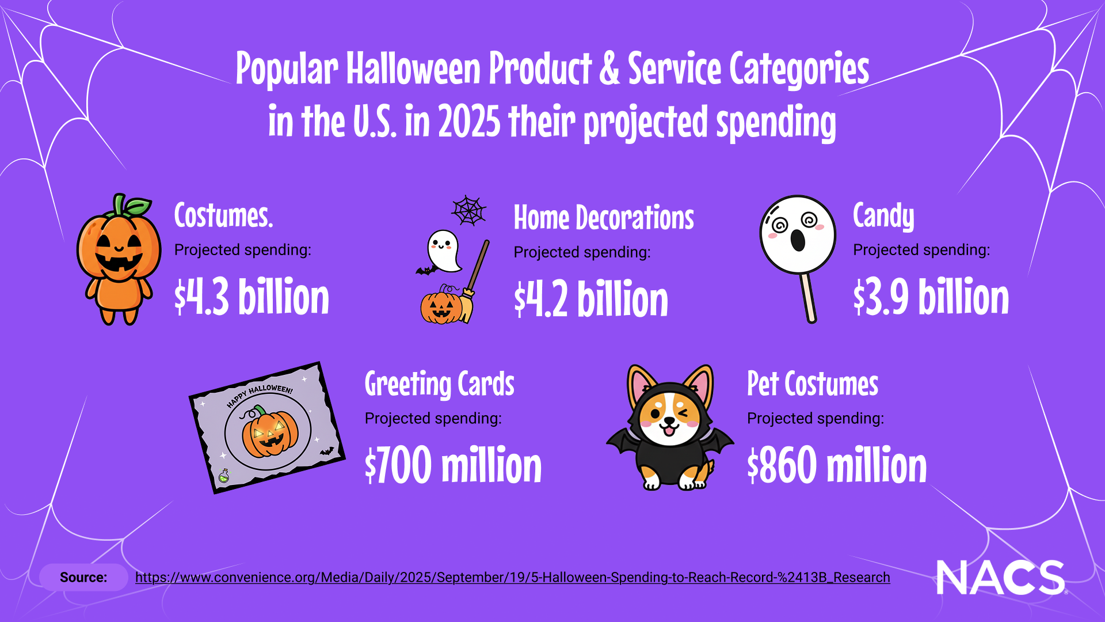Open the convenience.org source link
(x=513, y=578)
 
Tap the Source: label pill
(x=83, y=578)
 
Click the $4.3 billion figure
(x=252, y=296)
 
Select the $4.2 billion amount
(x=591, y=298)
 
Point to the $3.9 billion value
(x=931, y=296)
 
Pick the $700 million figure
(x=454, y=464)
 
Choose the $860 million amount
(x=837, y=464)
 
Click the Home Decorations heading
(x=604, y=218)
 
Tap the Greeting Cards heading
(x=440, y=385)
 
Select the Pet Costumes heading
(x=813, y=384)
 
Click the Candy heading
(x=883, y=216)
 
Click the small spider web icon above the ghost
(x=469, y=210)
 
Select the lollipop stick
(x=808, y=298)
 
